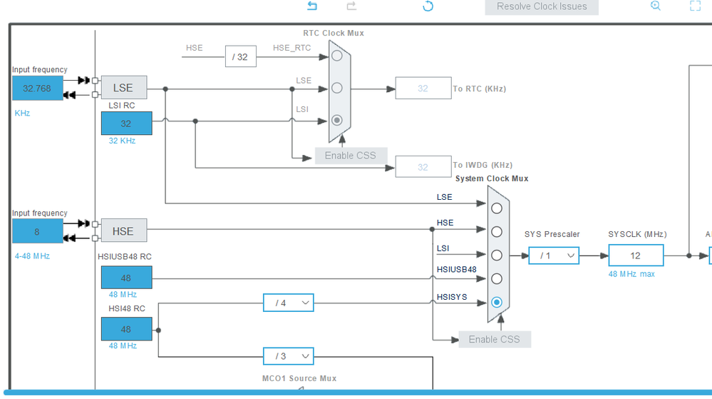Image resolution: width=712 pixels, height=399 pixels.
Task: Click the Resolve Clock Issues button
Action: tap(541, 7)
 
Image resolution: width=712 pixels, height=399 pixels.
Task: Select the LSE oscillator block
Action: tap(123, 87)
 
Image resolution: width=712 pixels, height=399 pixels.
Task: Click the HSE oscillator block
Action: tap(123, 231)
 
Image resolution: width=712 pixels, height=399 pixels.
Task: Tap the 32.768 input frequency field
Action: tap(37, 89)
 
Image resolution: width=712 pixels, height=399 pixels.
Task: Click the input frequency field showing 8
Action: tap(37, 231)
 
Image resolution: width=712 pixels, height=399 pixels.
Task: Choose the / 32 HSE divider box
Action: tap(241, 56)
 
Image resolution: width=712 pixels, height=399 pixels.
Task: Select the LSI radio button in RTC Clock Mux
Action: tap(337, 120)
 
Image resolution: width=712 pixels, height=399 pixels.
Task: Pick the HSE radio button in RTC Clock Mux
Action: tap(337, 56)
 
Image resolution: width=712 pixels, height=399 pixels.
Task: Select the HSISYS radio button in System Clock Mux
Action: tap(497, 302)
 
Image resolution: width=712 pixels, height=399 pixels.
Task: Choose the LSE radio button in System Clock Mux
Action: tap(497, 208)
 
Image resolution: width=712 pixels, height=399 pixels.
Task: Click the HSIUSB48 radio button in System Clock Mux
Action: tap(497, 278)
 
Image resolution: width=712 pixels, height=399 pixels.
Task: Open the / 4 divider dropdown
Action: tap(289, 303)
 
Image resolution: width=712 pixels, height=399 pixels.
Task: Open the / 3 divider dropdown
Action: tap(289, 356)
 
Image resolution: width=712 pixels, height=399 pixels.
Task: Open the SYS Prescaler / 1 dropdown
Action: tap(554, 256)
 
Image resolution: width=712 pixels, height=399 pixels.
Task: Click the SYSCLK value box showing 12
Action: tap(636, 256)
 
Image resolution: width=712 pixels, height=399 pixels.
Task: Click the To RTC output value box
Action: tap(423, 89)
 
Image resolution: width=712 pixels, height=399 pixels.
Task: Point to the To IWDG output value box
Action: tap(423, 167)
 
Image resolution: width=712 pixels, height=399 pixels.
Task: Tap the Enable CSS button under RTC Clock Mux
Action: tap(351, 156)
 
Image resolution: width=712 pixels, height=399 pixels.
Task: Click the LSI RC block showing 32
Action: tap(126, 123)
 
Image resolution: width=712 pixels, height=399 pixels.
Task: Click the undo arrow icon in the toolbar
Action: tap(312, 6)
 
